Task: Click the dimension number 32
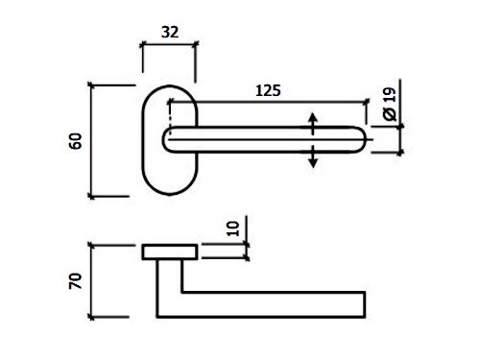170,33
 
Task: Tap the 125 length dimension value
268,90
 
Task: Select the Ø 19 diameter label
390,105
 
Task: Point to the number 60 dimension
76,141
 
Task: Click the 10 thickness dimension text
233,228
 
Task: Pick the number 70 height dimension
76,281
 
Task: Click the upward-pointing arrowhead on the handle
313,117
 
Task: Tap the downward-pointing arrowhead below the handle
313,163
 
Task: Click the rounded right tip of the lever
365,140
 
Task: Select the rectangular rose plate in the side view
170,252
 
